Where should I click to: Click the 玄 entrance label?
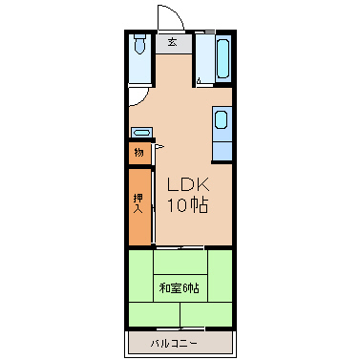(x=173, y=42)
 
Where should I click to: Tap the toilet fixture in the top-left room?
(x=139, y=44)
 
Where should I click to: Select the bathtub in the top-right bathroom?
(x=223, y=58)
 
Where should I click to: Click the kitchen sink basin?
(x=222, y=119)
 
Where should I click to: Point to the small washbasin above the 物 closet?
(x=141, y=132)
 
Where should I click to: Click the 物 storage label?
(x=139, y=153)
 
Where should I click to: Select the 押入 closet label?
(x=138, y=203)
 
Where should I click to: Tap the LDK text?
(x=188, y=184)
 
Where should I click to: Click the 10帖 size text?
(x=188, y=205)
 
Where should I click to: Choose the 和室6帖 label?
(x=180, y=288)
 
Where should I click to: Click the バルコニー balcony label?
(x=174, y=344)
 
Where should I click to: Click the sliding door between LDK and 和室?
(x=180, y=247)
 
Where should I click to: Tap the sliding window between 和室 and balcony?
(x=180, y=328)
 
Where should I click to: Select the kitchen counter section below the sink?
(x=222, y=152)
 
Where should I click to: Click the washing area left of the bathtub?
(x=204, y=58)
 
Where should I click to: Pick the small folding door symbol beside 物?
(x=159, y=147)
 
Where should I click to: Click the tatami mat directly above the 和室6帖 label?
(x=180, y=262)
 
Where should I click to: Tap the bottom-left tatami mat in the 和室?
(x=155, y=314)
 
